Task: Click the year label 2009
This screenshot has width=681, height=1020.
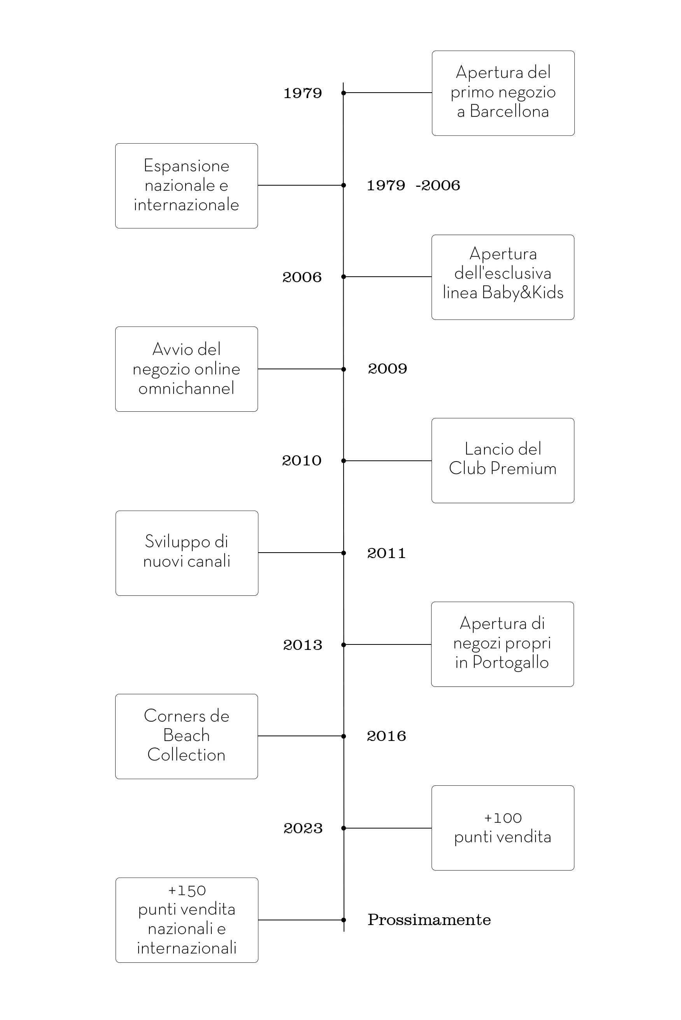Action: pos(388,369)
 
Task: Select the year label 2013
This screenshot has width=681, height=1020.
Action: pos(303,645)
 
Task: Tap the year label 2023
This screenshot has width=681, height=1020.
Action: pos(303,828)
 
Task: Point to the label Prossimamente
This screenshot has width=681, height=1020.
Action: pos(429,920)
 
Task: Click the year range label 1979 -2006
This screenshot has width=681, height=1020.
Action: pos(413,185)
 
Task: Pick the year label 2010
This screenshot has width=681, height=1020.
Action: pos(302,460)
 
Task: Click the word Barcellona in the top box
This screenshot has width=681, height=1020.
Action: pos(509,112)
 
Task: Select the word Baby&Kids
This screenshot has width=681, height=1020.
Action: pos(523,292)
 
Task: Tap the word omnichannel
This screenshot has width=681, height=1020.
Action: pos(186,388)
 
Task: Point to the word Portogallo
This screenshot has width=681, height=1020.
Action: pos(511,663)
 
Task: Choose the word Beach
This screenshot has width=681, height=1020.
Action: pos(186,735)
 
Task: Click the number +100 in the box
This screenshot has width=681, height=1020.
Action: pos(502,818)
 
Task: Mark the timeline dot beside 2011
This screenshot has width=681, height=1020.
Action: pos(344,553)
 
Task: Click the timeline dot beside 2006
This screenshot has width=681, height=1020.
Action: pos(344,277)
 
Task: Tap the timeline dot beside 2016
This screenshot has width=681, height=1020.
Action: pos(344,736)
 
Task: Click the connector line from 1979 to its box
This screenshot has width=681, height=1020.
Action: pos(388,93)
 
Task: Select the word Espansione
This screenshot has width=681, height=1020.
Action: pos(186,166)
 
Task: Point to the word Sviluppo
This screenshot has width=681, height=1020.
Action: pos(177,542)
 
